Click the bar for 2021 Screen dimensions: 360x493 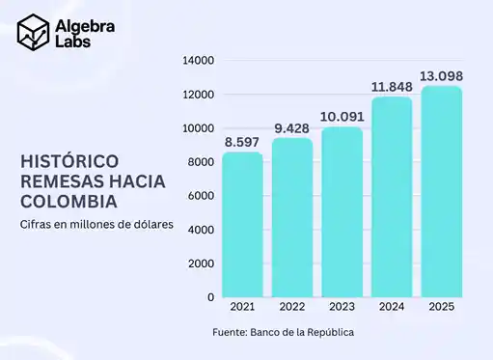pyautogui.click(x=242, y=225)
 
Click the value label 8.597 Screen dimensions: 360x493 pyautogui.click(x=242, y=142)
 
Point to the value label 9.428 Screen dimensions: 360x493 pyautogui.click(x=292, y=127)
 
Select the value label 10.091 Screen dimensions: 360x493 pyautogui.click(x=342, y=117)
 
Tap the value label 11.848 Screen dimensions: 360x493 pyautogui.click(x=392, y=87)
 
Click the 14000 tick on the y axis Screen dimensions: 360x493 pyautogui.click(x=198, y=61)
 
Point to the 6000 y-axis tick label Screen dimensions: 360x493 pyautogui.click(x=201, y=196)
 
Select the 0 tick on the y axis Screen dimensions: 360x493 pyautogui.click(x=210, y=297)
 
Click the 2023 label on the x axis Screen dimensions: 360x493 pyautogui.click(x=342, y=307)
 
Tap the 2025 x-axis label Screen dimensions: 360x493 pyautogui.click(x=441, y=307)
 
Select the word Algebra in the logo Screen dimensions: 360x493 pyautogui.click(x=87, y=26)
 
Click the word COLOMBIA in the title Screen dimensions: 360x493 pyautogui.click(x=69, y=202)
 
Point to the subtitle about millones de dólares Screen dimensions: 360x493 pyautogui.click(x=96, y=225)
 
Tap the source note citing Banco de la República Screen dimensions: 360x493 pyautogui.click(x=284, y=333)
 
